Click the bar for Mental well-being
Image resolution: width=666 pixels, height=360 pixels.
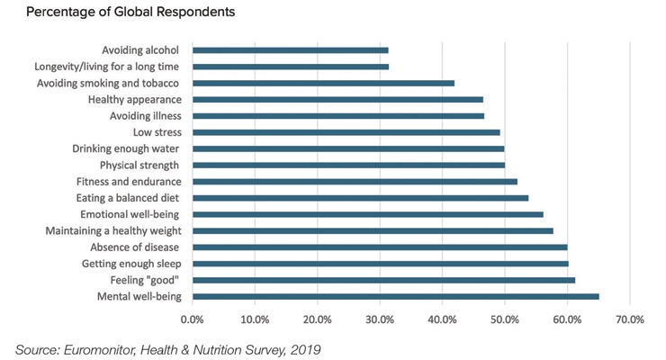[x=396, y=297]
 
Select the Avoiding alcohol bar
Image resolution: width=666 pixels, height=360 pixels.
[x=290, y=50]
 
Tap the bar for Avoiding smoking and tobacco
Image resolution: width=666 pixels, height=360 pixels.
[x=323, y=83]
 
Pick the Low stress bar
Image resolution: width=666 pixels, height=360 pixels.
[x=346, y=132]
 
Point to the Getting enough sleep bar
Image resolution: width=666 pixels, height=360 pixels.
[x=380, y=264]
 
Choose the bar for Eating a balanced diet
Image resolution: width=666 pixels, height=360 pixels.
[x=360, y=198]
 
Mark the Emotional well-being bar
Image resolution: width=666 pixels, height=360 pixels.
[x=368, y=215]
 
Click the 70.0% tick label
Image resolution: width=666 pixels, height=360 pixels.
[x=630, y=319]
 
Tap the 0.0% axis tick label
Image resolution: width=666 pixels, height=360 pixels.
[x=193, y=319]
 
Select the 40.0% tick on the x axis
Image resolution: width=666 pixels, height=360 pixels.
[x=442, y=319]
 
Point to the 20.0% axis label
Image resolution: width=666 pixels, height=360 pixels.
[x=318, y=319]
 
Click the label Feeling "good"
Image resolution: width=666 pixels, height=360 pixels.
[x=144, y=280]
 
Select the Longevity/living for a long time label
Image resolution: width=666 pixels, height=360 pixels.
[x=106, y=67]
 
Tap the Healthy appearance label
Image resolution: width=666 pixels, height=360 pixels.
[x=135, y=100]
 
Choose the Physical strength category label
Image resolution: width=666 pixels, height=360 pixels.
[x=139, y=166]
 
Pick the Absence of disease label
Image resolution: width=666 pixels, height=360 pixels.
[x=135, y=247]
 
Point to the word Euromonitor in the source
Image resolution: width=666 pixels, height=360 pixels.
[x=99, y=350]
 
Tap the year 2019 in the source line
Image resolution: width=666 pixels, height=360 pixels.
[x=305, y=350]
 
